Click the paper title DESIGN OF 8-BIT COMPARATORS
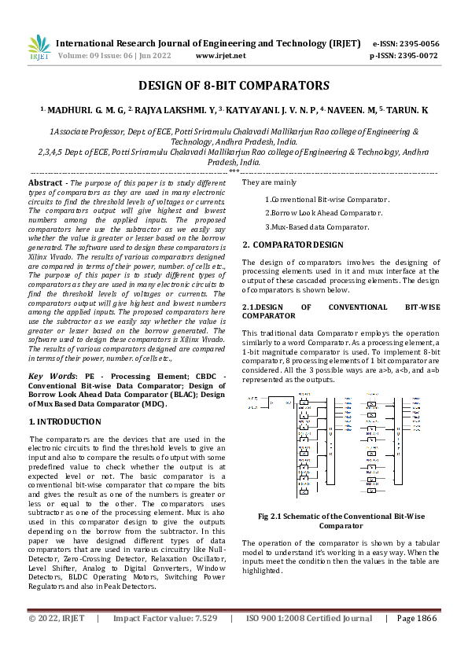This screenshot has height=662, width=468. [234, 86]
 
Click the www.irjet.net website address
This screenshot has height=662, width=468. [220, 57]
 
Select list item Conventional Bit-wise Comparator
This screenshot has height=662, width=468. [324, 200]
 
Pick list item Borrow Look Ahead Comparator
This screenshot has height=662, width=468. [326, 213]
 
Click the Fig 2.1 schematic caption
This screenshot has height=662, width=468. [341, 520]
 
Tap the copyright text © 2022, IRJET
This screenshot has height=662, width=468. [56, 619]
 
